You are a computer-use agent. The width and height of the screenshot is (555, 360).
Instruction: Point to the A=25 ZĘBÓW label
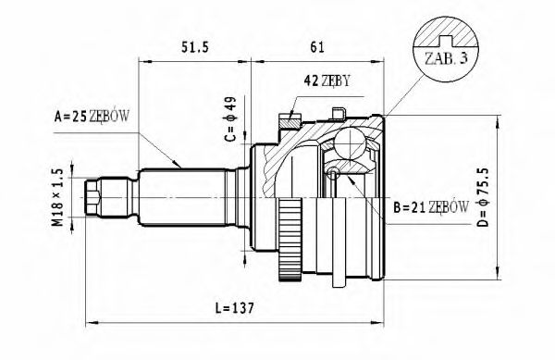[x=91, y=117]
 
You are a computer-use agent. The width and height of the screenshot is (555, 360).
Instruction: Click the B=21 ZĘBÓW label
[x=430, y=207]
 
